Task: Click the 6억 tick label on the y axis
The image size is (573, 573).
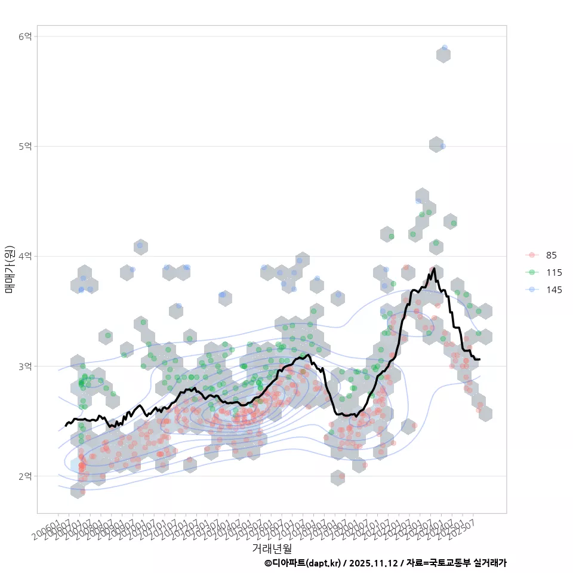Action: coord(25,36)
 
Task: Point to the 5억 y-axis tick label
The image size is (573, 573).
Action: coord(25,146)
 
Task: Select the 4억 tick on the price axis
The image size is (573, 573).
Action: coord(25,256)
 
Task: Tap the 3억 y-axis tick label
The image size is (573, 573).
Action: coord(25,366)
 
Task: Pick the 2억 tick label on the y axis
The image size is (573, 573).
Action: coord(25,476)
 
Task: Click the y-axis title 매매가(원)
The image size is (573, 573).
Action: coord(10,269)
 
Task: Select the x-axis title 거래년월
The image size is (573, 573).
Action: coord(272,547)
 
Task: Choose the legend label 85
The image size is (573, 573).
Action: coord(551,255)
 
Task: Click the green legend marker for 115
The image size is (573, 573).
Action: coord(531,273)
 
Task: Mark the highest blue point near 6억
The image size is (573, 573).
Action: coord(445,48)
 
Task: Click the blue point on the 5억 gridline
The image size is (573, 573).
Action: coord(443,146)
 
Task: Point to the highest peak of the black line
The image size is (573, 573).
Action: coord(434,269)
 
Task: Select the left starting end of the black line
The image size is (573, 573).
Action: coord(66,426)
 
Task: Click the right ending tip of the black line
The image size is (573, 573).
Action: coord(479,359)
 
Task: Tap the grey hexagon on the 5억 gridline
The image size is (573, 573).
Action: coord(435,144)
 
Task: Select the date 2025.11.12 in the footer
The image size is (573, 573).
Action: coord(375,563)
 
